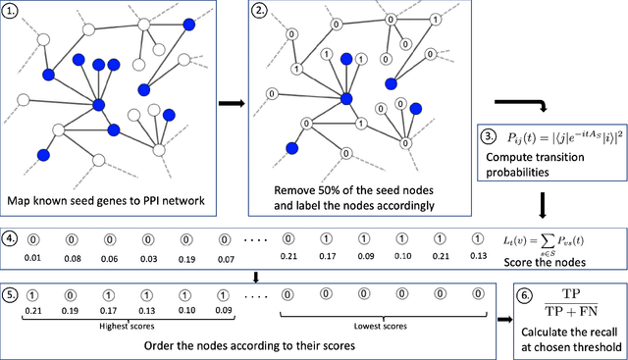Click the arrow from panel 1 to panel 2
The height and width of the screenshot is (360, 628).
click(x=224, y=101)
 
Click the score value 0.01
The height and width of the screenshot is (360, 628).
click(x=34, y=259)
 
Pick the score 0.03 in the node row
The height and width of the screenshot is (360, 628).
click(x=148, y=259)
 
